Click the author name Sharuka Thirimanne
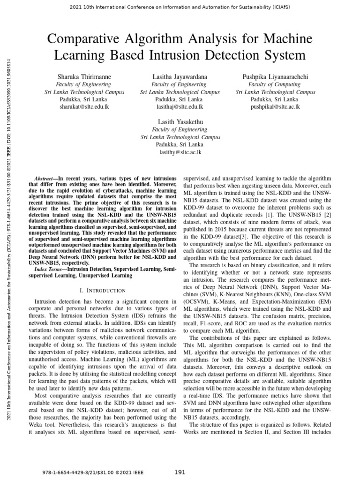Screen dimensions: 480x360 pos(84,76)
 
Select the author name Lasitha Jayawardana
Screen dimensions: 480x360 pos(180,76)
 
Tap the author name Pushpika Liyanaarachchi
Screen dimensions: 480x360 pos(275,76)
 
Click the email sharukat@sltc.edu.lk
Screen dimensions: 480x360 pos(84,107)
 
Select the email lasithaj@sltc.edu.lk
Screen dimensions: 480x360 pos(180,107)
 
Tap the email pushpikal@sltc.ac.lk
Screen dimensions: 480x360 pos(275,107)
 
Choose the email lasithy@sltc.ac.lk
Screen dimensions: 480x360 pos(180,152)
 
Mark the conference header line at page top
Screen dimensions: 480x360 pos(180,8)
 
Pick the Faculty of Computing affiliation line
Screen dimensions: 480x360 pos(275,84)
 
